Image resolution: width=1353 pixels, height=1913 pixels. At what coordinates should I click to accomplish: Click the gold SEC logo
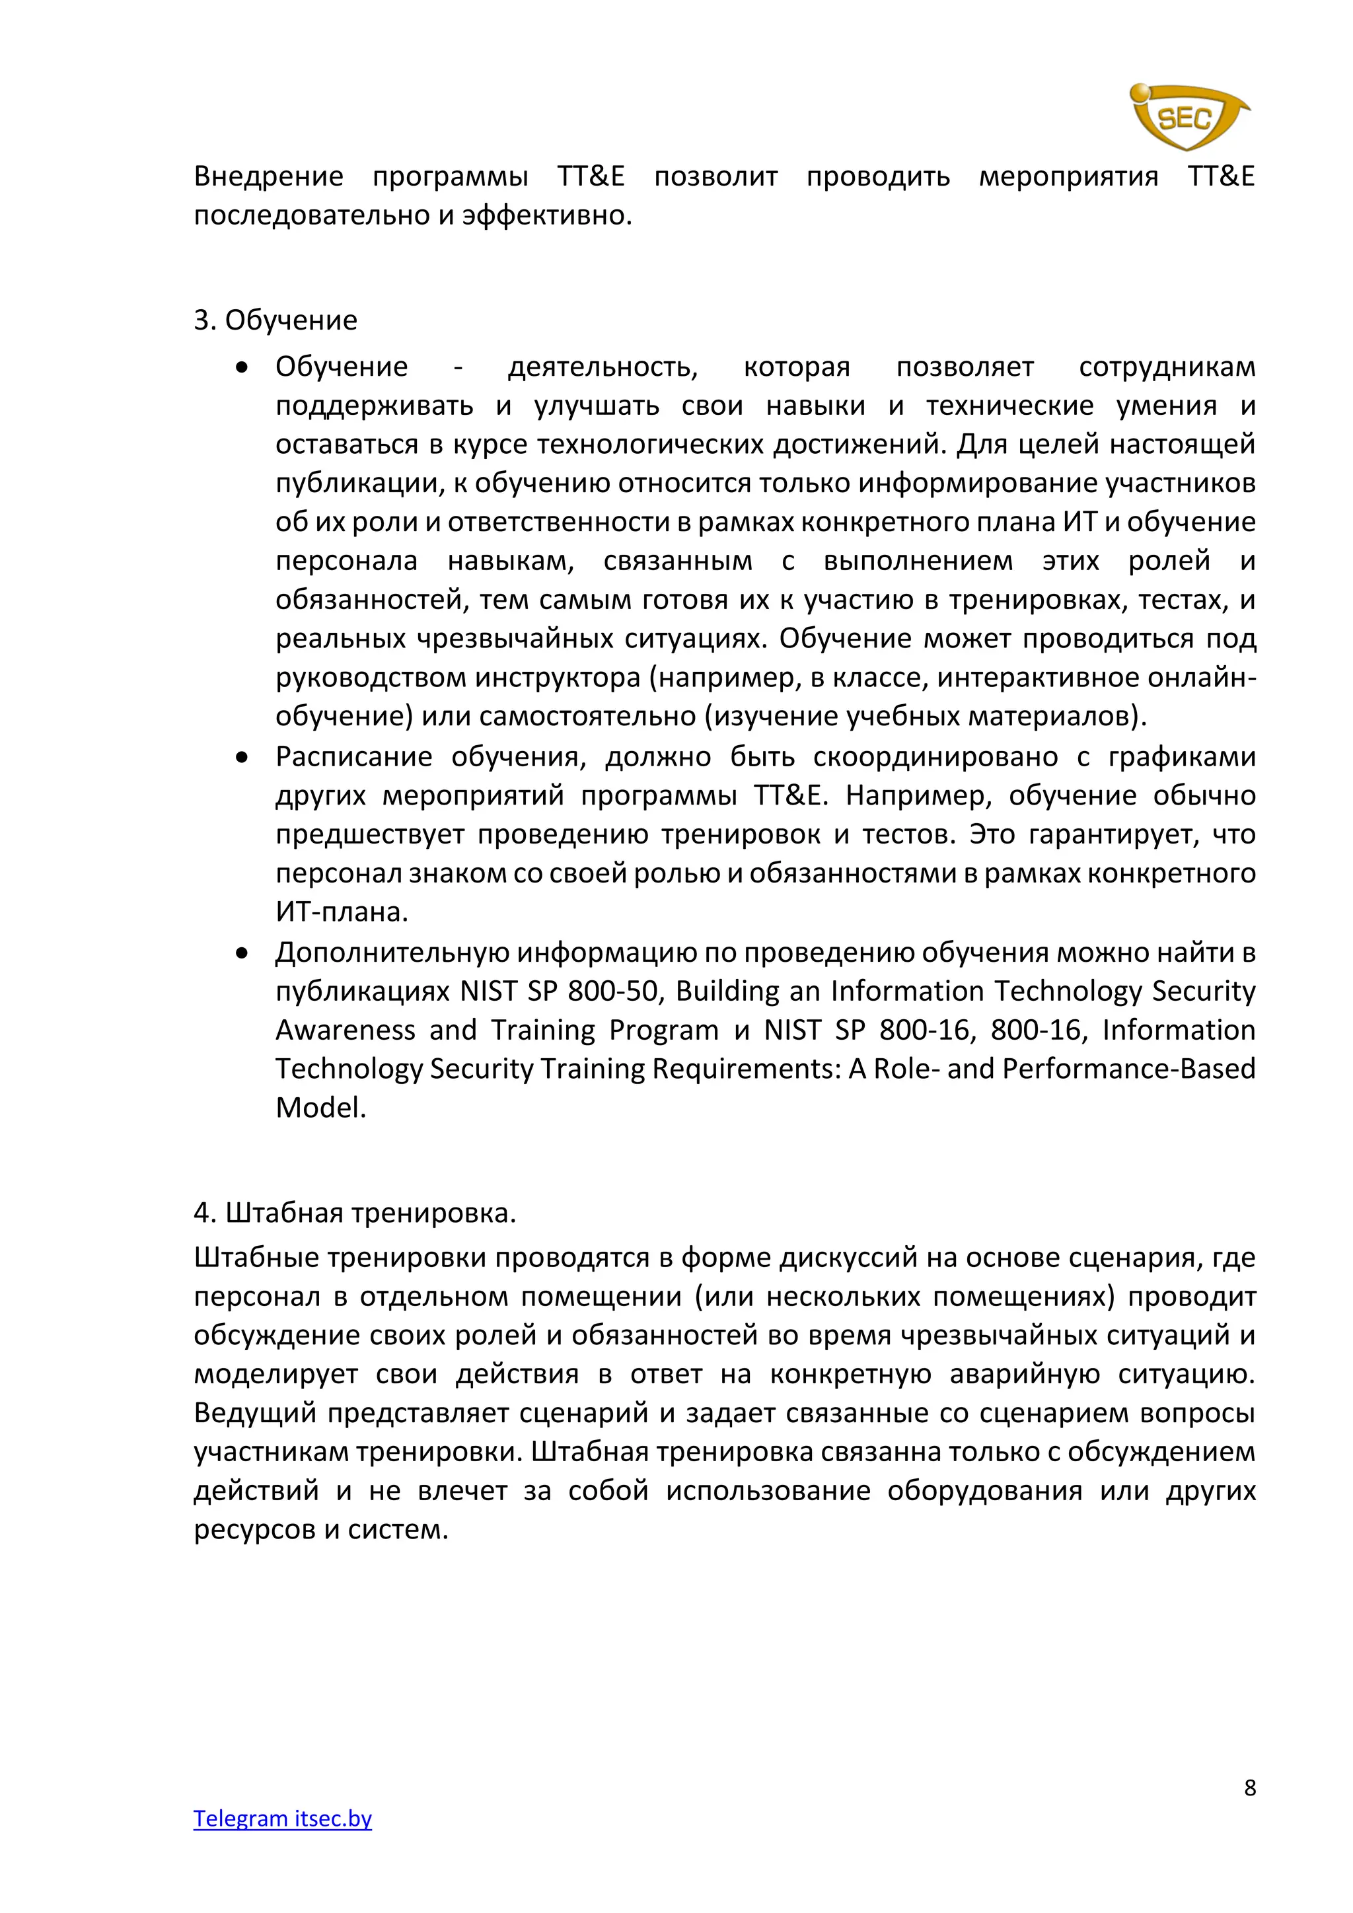click(1189, 117)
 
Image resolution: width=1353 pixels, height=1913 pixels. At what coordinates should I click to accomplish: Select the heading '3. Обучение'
click(275, 320)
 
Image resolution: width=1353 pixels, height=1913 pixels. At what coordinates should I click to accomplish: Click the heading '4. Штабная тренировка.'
click(355, 1213)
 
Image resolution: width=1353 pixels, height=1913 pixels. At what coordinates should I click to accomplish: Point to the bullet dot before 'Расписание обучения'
click(242, 758)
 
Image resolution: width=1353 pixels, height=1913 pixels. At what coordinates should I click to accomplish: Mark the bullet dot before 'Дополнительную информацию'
click(242, 953)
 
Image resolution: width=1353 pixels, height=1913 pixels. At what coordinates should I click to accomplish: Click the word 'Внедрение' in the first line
click(268, 176)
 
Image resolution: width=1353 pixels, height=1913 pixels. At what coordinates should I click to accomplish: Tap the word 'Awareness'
click(345, 1030)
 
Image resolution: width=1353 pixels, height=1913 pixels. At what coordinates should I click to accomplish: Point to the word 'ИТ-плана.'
click(342, 912)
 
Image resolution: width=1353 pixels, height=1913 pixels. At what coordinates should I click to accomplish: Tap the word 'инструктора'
click(559, 677)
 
